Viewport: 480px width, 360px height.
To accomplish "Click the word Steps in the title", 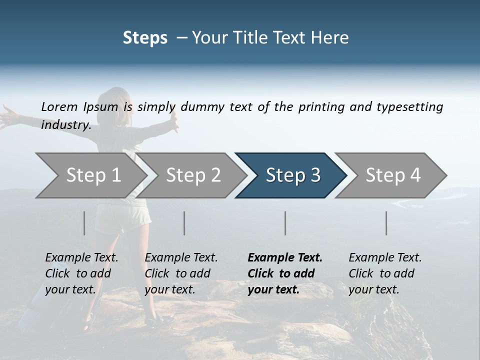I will coord(145,38).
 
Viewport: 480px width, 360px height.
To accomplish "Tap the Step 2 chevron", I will coord(193,175).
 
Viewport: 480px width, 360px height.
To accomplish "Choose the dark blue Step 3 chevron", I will coord(292,175).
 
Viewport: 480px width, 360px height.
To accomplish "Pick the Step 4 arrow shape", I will coord(392,175).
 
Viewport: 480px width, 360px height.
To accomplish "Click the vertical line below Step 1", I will coord(84,223).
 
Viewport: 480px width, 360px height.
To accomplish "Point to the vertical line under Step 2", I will coord(184,223).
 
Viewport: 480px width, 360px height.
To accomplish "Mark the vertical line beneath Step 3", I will coord(285,223).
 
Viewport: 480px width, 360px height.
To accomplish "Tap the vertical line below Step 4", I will coord(386,223).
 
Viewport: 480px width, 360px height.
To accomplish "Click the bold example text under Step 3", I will coord(285,273).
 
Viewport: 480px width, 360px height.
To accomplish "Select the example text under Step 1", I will coord(81,273).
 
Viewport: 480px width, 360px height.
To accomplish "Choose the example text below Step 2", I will coord(181,273).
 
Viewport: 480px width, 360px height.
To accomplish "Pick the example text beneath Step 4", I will coord(385,273).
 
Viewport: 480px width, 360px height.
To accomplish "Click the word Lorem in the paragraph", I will coord(59,106).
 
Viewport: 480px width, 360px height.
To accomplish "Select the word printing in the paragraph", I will coord(322,107).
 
